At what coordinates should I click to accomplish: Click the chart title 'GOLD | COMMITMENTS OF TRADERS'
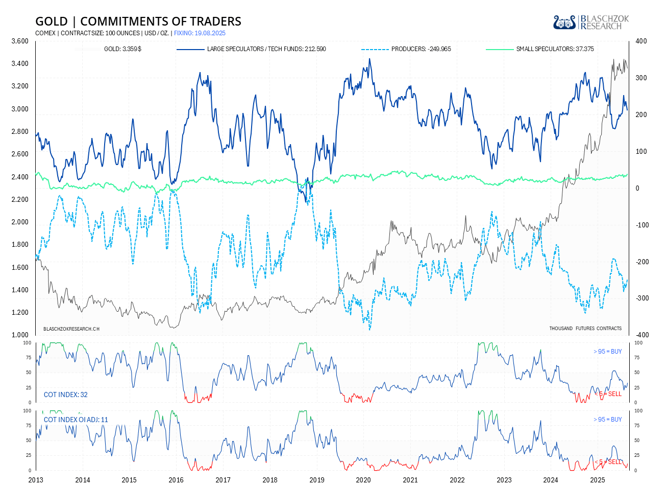pos(138,21)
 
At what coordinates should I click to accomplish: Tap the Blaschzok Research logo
pos(591,22)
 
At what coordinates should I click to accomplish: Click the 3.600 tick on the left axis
pos(20,41)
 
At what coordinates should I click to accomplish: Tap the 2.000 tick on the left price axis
pos(20,222)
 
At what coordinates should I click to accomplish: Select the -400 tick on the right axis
pos(641,335)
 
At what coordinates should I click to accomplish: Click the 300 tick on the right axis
pos(641,78)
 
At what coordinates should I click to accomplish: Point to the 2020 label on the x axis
pos(363,479)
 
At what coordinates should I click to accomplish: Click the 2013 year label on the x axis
pos(36,479)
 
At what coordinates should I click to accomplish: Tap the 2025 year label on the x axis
pos(598,479)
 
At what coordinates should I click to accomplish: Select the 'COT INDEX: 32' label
pos(65,395)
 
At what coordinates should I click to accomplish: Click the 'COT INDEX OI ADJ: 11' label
pos(76,420)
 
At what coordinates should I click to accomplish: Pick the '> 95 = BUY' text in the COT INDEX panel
pos(607,352)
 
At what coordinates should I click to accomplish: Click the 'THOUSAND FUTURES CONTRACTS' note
pos(585,328)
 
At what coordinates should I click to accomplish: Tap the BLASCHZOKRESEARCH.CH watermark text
pos(71,329)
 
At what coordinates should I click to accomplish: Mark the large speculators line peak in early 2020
pos(369,59)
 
